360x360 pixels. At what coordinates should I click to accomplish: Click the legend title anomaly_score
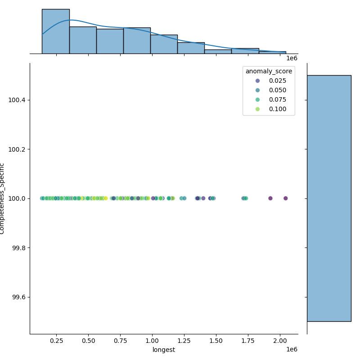269,71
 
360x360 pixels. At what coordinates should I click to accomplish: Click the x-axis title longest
164,350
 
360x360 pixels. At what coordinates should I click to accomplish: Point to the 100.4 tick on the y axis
17,99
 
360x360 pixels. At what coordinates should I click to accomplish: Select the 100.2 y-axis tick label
17,149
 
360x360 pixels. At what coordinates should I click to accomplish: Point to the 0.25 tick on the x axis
56,341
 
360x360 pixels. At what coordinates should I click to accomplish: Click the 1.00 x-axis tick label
152,341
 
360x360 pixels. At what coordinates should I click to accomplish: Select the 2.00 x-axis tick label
280,341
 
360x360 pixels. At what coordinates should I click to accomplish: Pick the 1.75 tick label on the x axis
248,341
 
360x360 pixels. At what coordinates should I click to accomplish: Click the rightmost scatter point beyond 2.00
285,198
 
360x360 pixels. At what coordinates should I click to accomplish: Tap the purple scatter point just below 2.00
270,198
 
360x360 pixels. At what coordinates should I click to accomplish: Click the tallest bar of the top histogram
55,31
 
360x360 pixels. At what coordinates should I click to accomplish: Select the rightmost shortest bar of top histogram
272,52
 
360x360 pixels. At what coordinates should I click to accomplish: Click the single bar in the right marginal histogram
328,198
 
